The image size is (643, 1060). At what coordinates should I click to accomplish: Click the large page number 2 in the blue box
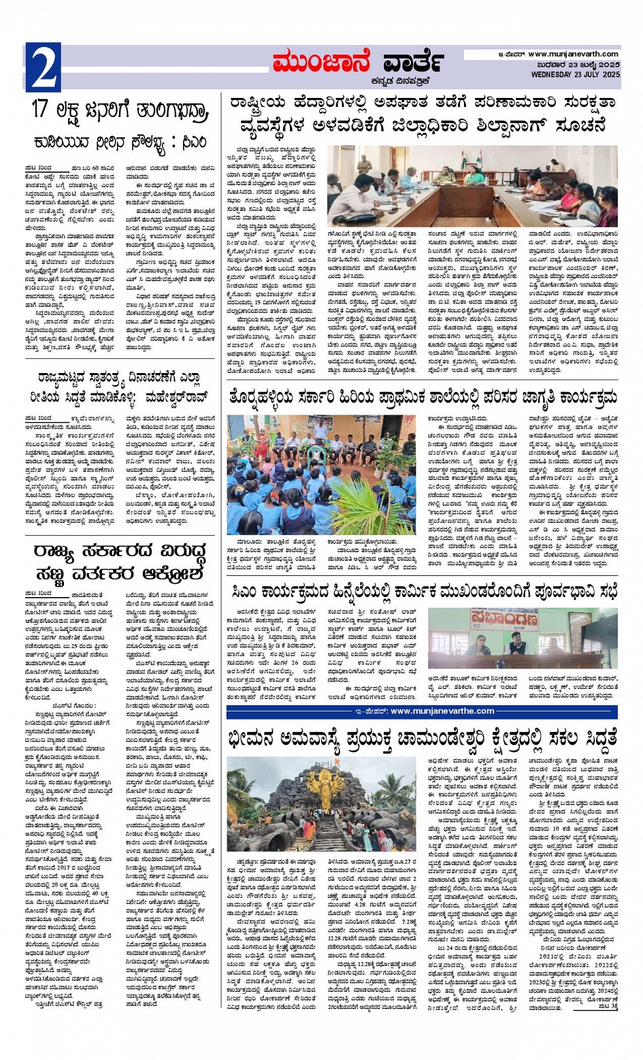pos(43,67)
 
